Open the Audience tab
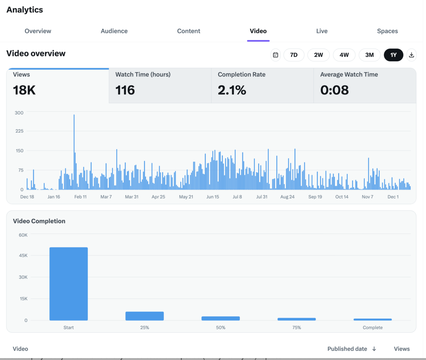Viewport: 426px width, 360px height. [x=114, y=31]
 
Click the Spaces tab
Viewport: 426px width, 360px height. [x=387, y=31]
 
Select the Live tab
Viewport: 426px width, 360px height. [x=322, y=31]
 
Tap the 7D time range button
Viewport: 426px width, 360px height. [x=294, y=55]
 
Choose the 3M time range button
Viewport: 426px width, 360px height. [x=369, y=55]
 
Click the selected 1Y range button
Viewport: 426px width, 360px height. [x=393, y=55]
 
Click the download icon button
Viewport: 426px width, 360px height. [x=411, y=55]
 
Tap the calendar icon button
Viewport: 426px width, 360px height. [x=275, y=55]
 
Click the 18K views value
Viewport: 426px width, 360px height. [x=24, y=90]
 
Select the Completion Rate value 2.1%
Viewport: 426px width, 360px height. [x=232, y=90]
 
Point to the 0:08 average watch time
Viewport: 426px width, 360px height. [x=334, y=90]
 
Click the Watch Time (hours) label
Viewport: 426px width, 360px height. [x=143, y=74]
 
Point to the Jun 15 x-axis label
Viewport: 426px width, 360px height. [x=213, y=197]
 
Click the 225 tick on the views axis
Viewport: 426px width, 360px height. [x=19, y=131]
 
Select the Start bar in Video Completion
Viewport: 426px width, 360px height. [x=69, y=284]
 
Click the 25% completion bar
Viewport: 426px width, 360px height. [x=144, y=316]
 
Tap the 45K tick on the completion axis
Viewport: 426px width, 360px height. [x=23, y=255]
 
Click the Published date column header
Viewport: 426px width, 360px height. [x=347, y=349]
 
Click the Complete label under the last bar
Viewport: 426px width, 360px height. [x=372, y=328]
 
